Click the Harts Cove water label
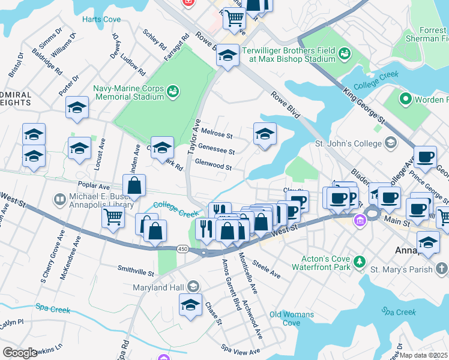pyautogui.click(x=101, y=19)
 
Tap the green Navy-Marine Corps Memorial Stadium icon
pyautogui.click(x=173, y=91)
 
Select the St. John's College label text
pyautogui.click(x=348, y=143)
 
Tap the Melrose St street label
pyautogui.click(x=217, y=132)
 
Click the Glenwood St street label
pyautogui.click(x=213, y=166)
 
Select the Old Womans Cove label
pyautogui.click(x=292, y=319)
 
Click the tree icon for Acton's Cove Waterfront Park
pyautogui.click(x=359, y=261)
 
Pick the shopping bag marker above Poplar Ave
pyautogui.click(x=134, y=186)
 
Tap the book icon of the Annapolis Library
pyautogui.click(x=59, y=199)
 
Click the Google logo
pyautogui.click(x=20, y=353)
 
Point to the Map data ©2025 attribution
pyautogui.click(x=424, y=355)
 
